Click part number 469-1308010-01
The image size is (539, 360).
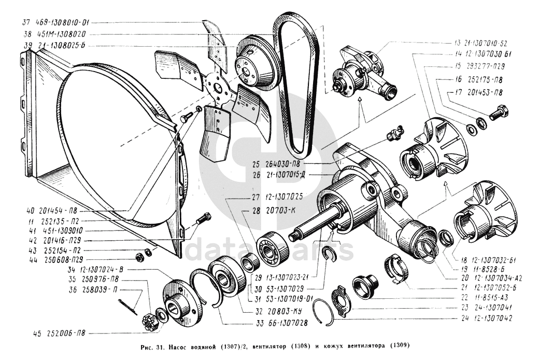click(63, 23)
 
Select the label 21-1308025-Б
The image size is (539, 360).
click(61, 46)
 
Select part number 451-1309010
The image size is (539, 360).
click(60, 230)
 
